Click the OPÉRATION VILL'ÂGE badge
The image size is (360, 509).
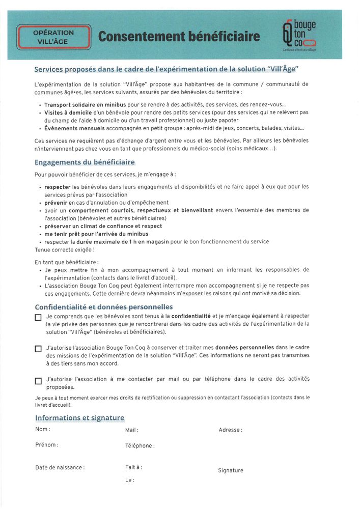[x=53, y=37]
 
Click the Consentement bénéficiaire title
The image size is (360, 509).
[x=179, y=37]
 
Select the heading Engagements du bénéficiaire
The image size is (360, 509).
[x=85, y=162]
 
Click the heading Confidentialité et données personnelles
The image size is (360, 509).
[x=103, y=307]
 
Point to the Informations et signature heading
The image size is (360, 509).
[x=79, y=418]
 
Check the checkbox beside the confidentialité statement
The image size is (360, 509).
[x=38, y=318]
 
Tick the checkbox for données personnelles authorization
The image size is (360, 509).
[x=38, y=349]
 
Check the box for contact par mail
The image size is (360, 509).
[x=38, y=381]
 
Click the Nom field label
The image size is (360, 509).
[x=42, y=430]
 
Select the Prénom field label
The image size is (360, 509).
[x=46, y=445]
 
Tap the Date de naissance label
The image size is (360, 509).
[x=60, y=468]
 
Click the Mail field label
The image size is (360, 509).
[x=131, y=431]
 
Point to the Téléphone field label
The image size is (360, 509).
[x=140, y=446]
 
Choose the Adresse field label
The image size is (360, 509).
[x=230, y=430]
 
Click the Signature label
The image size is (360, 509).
[x=231, y=471]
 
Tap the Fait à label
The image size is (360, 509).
[x=133, y=467]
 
